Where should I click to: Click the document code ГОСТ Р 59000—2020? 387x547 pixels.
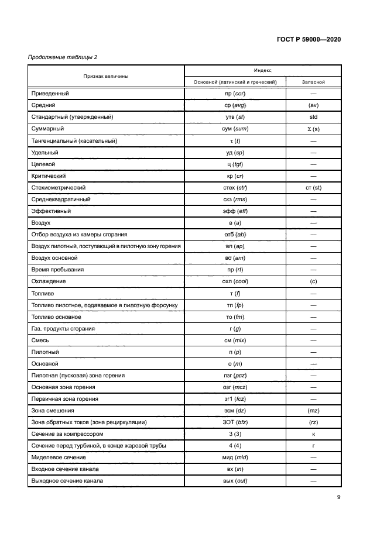[308, 40]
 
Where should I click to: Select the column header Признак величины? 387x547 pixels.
[106, 76]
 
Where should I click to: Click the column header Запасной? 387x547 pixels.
[313, 82]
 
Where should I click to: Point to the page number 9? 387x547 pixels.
[339, 498]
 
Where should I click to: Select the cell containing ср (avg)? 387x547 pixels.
[234, 105]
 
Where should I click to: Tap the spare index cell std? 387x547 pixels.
[313, 117]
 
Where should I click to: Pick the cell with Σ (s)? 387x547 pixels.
[313, 129]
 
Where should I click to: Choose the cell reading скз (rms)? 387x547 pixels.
[234, 199]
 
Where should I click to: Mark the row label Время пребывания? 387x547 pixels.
[56, 270]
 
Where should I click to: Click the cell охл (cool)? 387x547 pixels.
[234, 281]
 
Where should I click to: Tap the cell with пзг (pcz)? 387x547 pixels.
[234, 376]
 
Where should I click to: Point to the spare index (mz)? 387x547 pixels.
[313, 411]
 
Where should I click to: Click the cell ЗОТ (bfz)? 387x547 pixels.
[234, 422]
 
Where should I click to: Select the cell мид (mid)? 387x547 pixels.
[234, 457]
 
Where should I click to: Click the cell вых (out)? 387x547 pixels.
[234, 481]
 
